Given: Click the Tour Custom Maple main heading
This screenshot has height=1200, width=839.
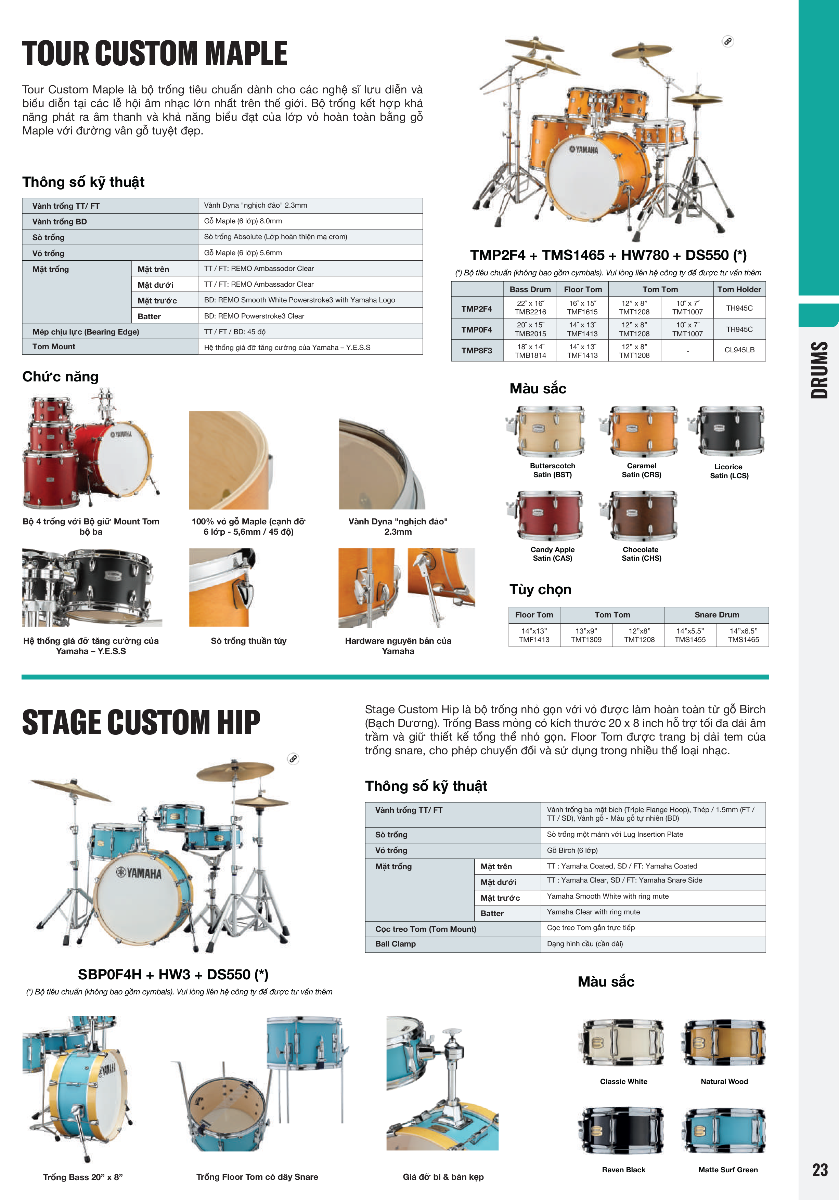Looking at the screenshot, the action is (155, 53).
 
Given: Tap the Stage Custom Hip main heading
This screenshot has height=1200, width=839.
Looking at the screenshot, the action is (141, 722).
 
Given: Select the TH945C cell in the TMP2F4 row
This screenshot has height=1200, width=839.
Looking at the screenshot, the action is (739, 308).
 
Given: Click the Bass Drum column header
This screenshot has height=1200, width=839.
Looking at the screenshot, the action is (530, 289).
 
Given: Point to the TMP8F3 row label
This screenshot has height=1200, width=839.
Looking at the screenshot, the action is (477, 350).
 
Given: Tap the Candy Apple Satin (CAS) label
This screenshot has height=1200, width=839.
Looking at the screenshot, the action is (553, 554).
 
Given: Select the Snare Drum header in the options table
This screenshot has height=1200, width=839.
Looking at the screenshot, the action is (717, 615).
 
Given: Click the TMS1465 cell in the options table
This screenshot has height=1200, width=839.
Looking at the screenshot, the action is (743, 635).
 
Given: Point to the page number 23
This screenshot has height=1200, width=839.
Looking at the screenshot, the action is (819, 1169).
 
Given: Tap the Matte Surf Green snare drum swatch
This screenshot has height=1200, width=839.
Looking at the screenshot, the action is (724, 1132).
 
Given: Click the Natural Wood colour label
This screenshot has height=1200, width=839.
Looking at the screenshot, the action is (724, 1081).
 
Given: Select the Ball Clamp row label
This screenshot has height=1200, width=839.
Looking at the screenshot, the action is (395, 943).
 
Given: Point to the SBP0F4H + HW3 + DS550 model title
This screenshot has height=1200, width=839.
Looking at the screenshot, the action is (173, 974).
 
